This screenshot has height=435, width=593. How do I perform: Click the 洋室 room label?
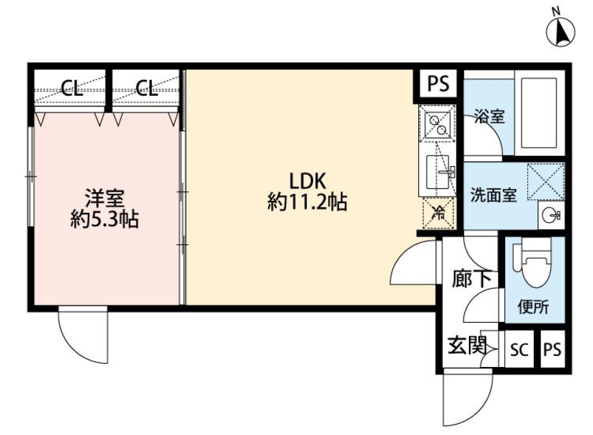[x=104, y=199]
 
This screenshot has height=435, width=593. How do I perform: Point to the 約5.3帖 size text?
[x=104, y=220]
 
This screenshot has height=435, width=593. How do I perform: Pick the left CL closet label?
[x=72, y=88]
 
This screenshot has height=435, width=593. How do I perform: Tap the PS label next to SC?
[x=552, y=350]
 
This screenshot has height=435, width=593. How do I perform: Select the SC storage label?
[x=519, y=350]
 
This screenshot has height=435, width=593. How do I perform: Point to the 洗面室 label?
[x=492, y=195]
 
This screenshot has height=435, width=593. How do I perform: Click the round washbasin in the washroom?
[x=552, y=214]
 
